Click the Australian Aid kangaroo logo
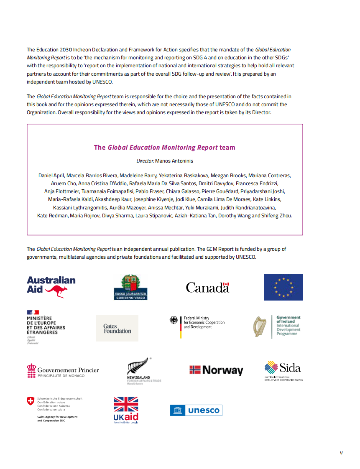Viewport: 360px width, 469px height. click(x=51, y=287)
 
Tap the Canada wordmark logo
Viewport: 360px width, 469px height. click(x=207, y=287)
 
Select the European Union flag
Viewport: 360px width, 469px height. click(x=283, y=287)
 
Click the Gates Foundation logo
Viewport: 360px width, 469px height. click(x=117, y=329)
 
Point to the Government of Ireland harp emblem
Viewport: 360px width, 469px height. click(x=260, y=326)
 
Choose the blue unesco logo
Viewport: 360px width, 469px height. click(x=196, y=410)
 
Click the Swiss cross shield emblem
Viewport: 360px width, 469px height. click(x=30, y=401)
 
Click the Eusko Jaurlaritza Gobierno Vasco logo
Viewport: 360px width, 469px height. click(x=131, y=287)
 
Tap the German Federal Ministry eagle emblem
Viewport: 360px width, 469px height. click(x=174, y=321)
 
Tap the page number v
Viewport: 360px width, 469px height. click(x=341, y=453)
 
